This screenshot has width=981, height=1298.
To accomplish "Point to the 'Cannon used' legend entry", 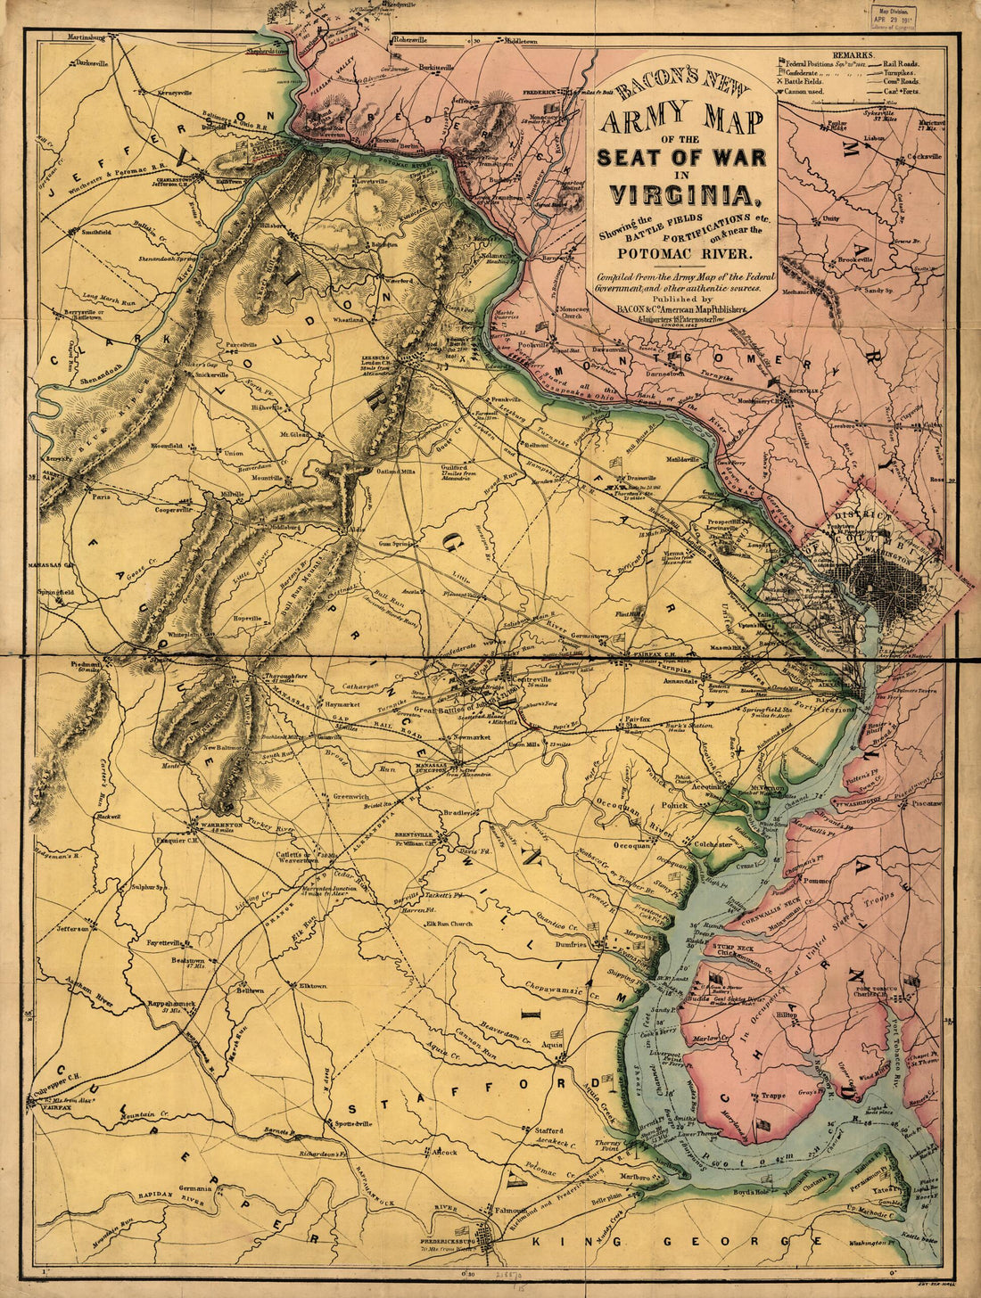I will point(812,90).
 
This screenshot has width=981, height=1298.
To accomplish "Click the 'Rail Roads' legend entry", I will point(903,64).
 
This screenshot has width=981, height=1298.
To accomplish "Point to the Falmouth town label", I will point(510,1211).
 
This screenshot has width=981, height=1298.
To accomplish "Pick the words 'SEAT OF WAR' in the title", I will point(681,158).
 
